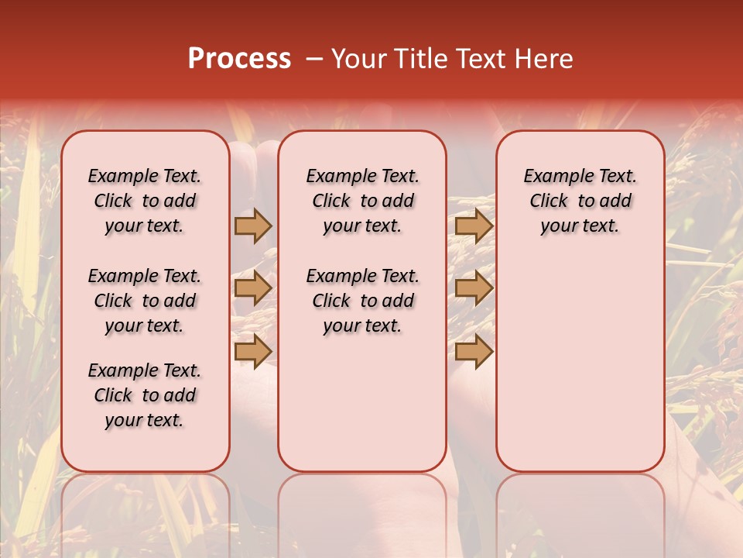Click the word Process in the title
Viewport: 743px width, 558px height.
[x=239, y=59]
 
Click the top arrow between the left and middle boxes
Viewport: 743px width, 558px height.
[x=253, y=226]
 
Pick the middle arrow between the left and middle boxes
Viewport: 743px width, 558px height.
[x=253, y=289]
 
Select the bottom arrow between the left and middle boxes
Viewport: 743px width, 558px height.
[x=253, y=351]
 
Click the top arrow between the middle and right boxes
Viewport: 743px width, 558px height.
[x=474, y=226]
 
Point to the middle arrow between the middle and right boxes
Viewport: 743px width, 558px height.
[x=474, y=289]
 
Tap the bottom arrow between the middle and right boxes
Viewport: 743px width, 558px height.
[x=474, y=351]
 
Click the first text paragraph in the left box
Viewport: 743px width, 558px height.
[x=145, y=201]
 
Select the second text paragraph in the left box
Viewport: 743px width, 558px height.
[x=145, y=301]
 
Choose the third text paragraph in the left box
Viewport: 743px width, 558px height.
[x=145, y=395]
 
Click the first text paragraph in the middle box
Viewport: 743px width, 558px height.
[x=363, y=201]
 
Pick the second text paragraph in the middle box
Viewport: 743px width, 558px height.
[x=363, y=301]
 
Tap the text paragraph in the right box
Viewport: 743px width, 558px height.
[x=580, y=201]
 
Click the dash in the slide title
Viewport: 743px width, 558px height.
[x=314, y=59]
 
